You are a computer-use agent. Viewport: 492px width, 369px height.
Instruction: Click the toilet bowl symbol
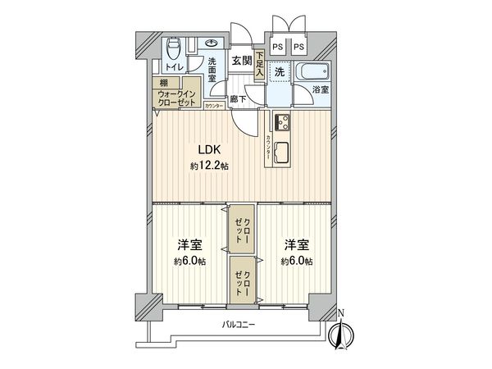coord(172,46)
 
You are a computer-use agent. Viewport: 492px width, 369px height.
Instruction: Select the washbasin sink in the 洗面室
coord(212,43)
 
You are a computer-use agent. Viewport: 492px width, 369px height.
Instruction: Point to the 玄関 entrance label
coord(240,61)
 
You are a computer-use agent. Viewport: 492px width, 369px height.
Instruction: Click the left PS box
coord(277,48)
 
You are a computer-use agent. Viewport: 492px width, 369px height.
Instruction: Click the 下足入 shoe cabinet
coord(260,64)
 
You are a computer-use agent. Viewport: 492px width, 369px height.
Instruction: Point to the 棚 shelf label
coord(164,83)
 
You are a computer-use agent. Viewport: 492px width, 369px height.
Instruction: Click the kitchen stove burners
coord(282,122)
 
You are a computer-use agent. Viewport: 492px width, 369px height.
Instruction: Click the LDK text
coord(206,148)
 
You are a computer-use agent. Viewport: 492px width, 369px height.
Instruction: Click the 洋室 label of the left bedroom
coord(190,245)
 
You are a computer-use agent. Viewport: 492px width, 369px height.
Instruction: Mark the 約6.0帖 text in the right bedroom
coord(297,261)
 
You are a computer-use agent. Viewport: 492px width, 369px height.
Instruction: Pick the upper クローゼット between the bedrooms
coord(240,231)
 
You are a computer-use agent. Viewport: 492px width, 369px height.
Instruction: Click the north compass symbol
coord(342,332)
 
